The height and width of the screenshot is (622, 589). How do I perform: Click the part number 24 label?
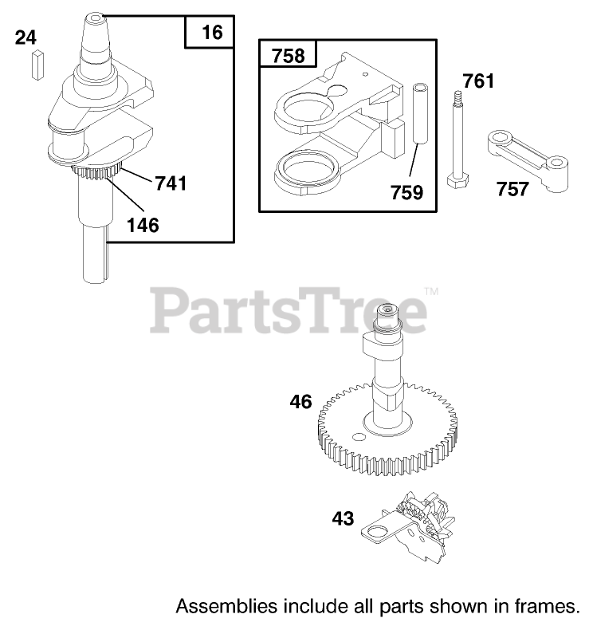pos(26,37)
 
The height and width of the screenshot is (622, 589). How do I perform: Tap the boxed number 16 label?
pos(211,33)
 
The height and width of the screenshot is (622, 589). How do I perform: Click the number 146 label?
pos(142,225)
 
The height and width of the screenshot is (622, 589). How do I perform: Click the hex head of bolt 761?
pos(457,181)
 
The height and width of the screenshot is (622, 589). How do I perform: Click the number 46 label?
pos(300,402)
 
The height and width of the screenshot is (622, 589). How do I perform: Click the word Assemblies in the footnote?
pos(216,603)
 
